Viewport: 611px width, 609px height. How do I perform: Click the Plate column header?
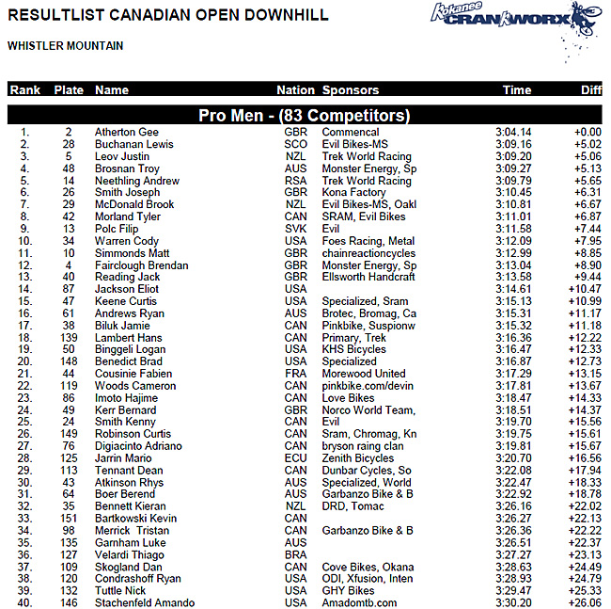[x=69, y=90]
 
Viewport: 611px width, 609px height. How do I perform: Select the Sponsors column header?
[x=351, y=90]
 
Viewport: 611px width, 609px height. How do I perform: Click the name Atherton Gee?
[x=127, y=133]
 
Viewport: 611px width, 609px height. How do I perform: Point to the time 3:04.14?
[x=513, y=133]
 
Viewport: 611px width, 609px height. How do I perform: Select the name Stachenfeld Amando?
[x=145, y=603]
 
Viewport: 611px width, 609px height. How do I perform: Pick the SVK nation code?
[x=295, y=229]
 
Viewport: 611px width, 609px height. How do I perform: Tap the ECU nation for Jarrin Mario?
[x=295, y=458]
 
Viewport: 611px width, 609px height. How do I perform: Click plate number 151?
[x=69, y=519]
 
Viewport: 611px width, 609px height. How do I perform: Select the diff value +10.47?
[x=587, y=289]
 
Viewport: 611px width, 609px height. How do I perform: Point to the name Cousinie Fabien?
[x=133, y=374]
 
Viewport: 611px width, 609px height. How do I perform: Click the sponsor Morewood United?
[x=364, y=374]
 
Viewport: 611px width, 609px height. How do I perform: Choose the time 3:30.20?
[x=513, y=603]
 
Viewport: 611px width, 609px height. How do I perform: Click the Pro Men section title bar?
[x=305, y=116]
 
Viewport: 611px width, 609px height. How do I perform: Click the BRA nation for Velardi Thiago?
[x=295, y=554]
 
